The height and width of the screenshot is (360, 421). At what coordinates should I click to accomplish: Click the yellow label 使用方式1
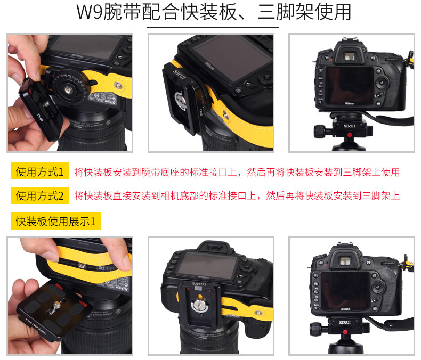(x=39, y=171)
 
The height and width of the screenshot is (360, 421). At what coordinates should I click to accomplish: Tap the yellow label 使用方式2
(x=39, y=195)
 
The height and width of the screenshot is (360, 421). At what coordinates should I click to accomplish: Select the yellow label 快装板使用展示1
(x=56, y=221)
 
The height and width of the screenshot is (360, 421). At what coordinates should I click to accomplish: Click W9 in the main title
(x=89, y=12)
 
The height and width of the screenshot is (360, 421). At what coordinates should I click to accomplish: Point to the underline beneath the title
(x=213, y=27)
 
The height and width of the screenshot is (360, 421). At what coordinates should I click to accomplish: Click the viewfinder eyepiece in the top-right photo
(x=350, y=56)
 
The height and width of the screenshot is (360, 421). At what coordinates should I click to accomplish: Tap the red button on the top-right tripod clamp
(x=349, y=135)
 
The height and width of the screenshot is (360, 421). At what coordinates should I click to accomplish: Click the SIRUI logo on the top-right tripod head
(x=349, y=126)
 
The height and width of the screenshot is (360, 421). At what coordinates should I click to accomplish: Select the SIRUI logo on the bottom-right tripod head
(x=345, y=322)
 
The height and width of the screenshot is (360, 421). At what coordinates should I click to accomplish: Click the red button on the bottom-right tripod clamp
(x=345, y=332)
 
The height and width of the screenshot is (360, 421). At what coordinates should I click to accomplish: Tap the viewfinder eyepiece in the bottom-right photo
(x=345, y=261)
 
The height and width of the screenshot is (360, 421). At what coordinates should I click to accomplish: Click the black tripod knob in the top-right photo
(x=320, y=132)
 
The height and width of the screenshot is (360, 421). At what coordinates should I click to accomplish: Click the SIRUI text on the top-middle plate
(x=179, y=75)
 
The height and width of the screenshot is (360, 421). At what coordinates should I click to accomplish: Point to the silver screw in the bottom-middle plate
(x=200, y=305)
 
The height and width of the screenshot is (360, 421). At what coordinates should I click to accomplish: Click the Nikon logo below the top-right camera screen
(x=349, y=103)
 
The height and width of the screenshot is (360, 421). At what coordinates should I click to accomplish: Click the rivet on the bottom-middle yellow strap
(x=258, y=313)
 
